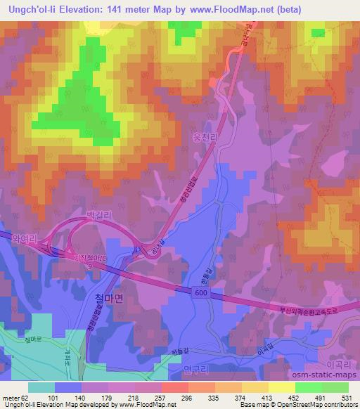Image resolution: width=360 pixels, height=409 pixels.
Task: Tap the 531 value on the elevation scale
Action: point(347,398)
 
